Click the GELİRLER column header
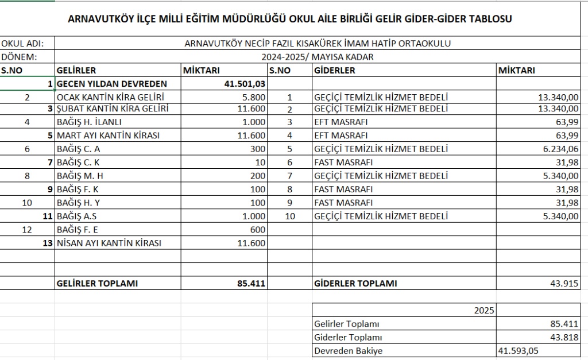[x=76, y=71]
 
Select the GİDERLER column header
[x=335, y=71]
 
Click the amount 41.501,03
[x=244, y=84]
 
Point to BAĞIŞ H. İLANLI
[x=89, y=122]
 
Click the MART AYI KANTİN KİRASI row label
[x=108, y=136]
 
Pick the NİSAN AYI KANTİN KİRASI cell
[x=109, y=243]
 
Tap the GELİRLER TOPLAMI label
[x=97, y=283]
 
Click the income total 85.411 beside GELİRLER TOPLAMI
[x=251, y=283]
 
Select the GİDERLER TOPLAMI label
[x=355, y=283]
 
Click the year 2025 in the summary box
[x=484, y=311]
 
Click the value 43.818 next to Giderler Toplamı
[x=566, y=337]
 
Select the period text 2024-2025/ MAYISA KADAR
[x=318, y=57]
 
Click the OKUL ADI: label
[x=22, y=44]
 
